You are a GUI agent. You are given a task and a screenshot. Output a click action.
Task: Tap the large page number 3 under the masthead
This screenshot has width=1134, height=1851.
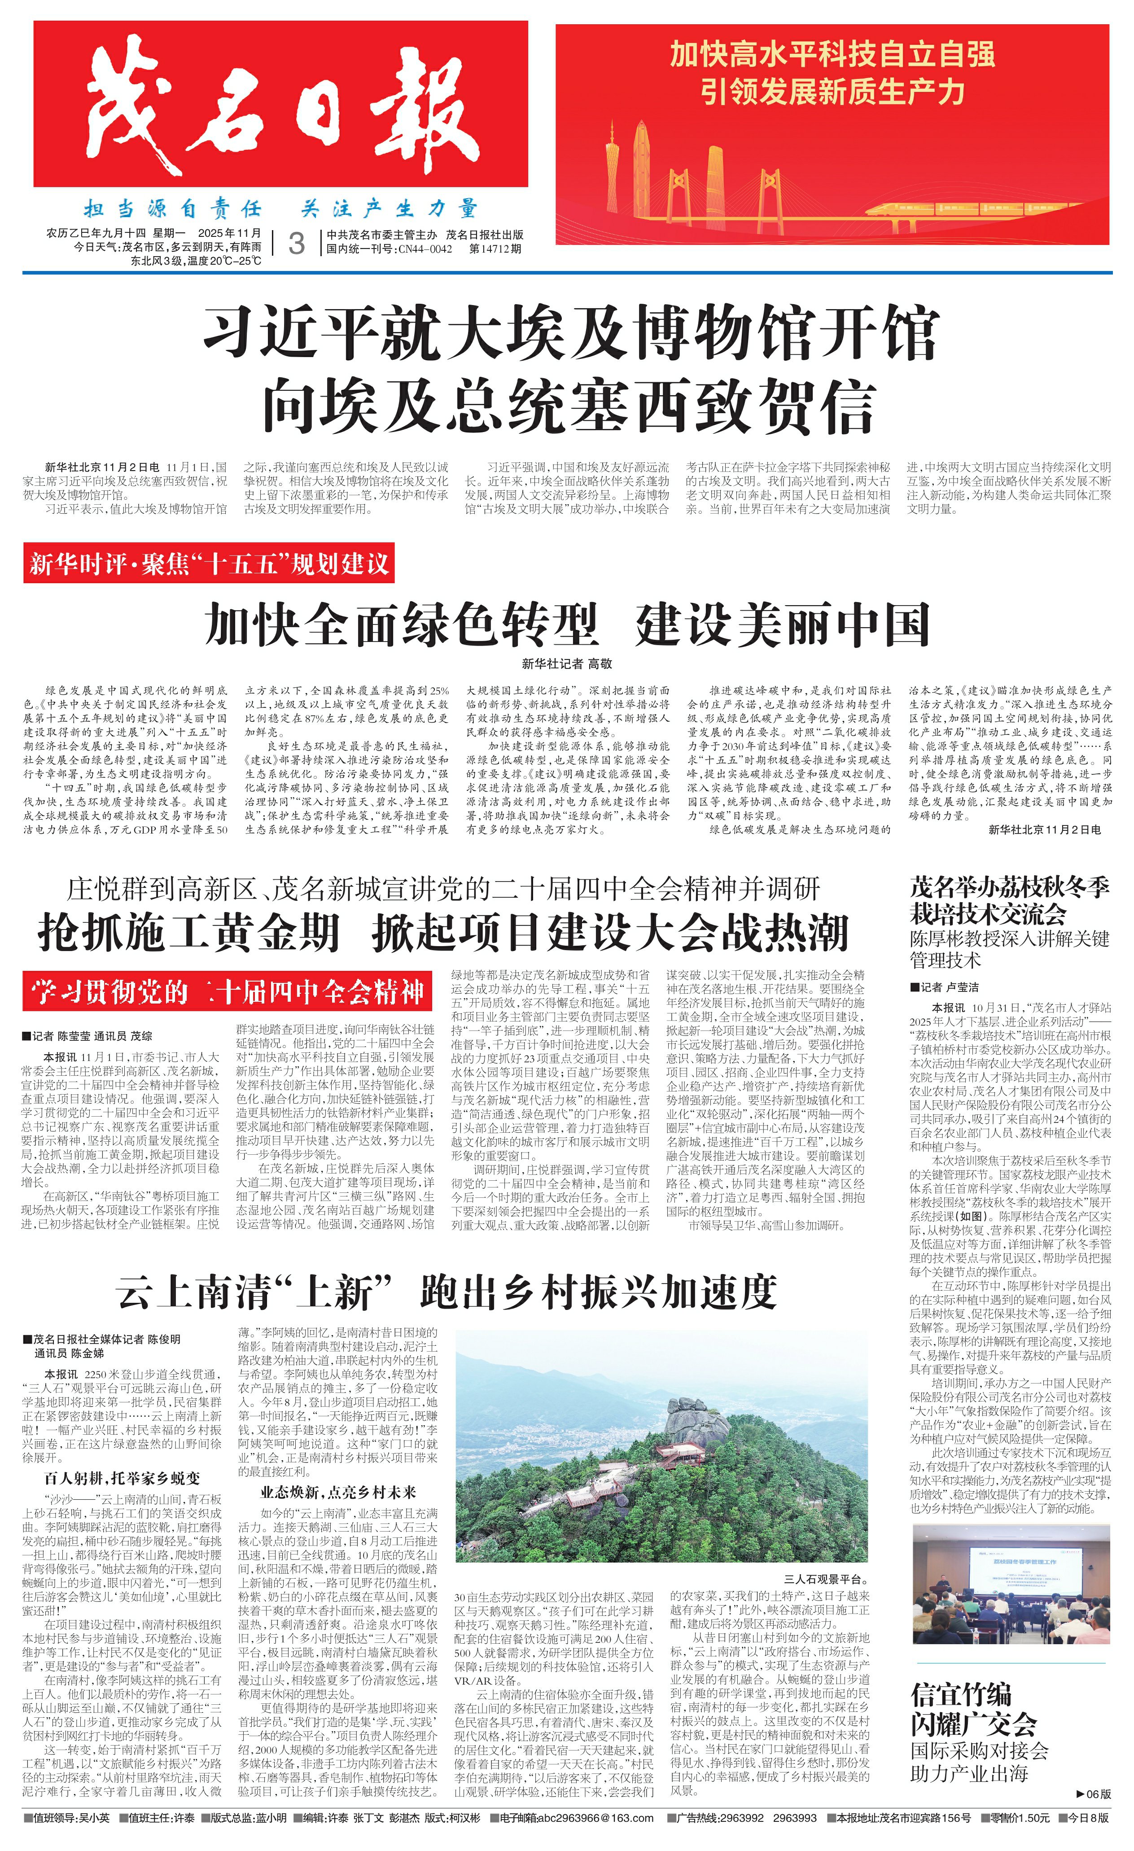point(297,244)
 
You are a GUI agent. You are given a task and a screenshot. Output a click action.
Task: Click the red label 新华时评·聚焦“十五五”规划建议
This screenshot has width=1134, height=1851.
point(209,563)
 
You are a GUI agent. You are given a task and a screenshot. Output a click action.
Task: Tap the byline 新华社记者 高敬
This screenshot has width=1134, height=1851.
point(567,664)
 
